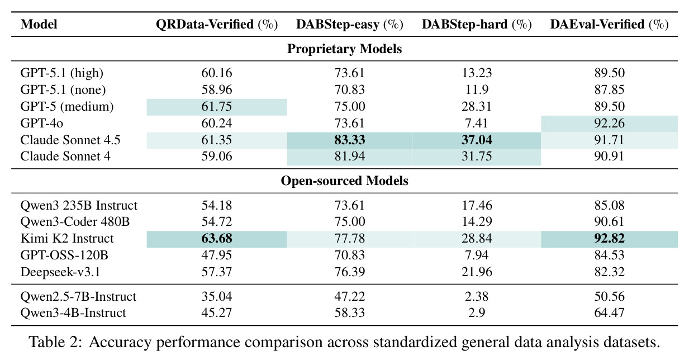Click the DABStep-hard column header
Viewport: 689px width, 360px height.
[x=477, y=24]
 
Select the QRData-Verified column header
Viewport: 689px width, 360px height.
[x=217, y=24]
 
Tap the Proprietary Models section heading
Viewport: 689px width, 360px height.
[x=344, y=49]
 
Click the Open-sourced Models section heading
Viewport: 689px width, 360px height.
[x=344, y=181]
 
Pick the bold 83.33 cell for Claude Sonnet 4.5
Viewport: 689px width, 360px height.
[x=350, y=140]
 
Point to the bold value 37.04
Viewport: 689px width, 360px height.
[x=477, y=140]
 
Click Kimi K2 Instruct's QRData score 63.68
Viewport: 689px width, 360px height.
[x=217, y=239]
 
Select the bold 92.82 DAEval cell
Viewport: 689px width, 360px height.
[x=609, y=239]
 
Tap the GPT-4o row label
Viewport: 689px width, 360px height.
[x=42, y=123]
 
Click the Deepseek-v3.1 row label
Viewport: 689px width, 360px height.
[x=60, y=272]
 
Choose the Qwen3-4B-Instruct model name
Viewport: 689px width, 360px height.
[x=73, y=312]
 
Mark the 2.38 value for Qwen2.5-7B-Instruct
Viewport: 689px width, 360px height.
[x=477, y=296]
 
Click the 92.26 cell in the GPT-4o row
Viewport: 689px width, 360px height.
[x=609, y=123]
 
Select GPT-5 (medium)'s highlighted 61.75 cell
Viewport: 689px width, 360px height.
[x=217, y=106]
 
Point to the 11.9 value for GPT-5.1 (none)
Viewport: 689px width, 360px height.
[x=477, y=89]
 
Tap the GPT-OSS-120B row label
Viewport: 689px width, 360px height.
[x=64, y=255]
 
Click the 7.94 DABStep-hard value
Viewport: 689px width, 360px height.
[x=477, y=255]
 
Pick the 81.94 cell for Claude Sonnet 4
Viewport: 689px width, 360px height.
[x=350, y=157]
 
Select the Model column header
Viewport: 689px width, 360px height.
[x=39, y=24]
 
